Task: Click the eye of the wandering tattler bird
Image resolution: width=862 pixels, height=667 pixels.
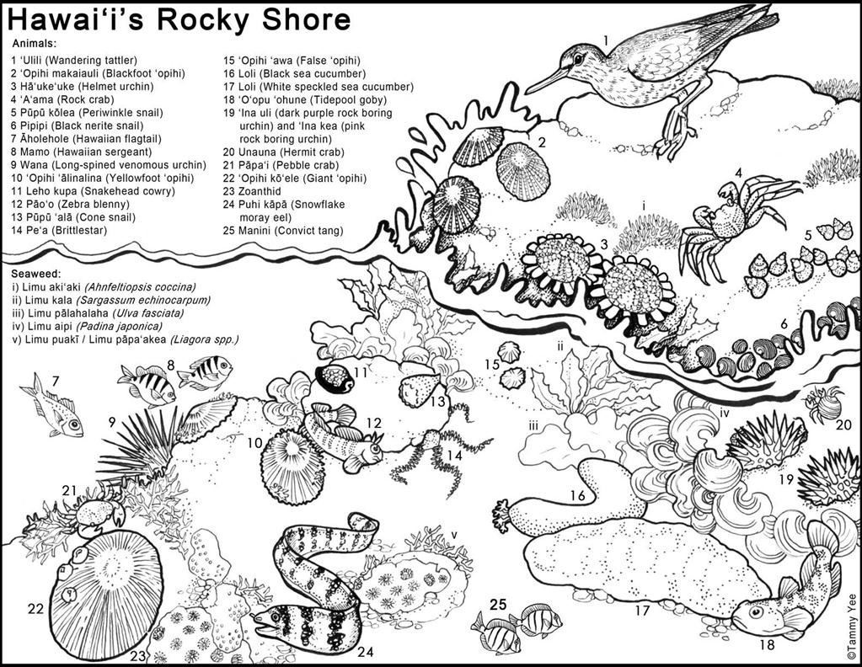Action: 579,58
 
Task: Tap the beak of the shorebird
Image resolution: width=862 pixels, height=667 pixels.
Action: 549,79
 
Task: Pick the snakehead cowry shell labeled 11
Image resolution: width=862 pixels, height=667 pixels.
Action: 335,379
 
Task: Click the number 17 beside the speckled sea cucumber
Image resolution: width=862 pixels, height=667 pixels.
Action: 642,611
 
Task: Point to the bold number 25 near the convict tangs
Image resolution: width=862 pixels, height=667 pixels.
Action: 499,604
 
